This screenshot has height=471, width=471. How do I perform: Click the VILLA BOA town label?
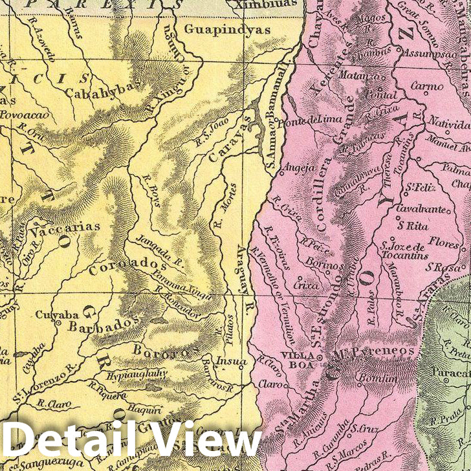tap(297, 360)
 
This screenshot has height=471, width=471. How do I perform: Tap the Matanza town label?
tap(357, 77)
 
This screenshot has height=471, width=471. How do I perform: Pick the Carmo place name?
tap(427, 85)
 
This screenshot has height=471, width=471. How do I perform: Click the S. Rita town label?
tap(413, 226)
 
